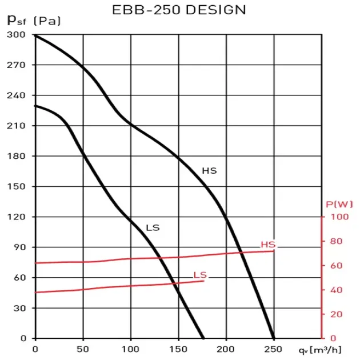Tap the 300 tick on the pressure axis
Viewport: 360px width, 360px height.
pos(18,35)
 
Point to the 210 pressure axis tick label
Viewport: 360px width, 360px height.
pos(18,126)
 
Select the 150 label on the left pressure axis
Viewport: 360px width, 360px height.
pos(18,186)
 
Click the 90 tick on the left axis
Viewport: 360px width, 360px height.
pos(20,247)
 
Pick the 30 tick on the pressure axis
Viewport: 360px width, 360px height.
pos(20,308)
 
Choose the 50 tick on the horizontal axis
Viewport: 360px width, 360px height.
pos(83,349)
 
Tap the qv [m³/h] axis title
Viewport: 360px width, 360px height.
pos(330,349)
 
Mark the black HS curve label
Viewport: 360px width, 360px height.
pos(209,170)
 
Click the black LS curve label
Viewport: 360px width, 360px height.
pos(153,227)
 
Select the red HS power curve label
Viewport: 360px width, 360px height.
pos(268,245)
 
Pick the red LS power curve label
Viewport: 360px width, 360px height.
pos(200,275)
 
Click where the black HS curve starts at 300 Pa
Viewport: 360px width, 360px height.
pos(36,35)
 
